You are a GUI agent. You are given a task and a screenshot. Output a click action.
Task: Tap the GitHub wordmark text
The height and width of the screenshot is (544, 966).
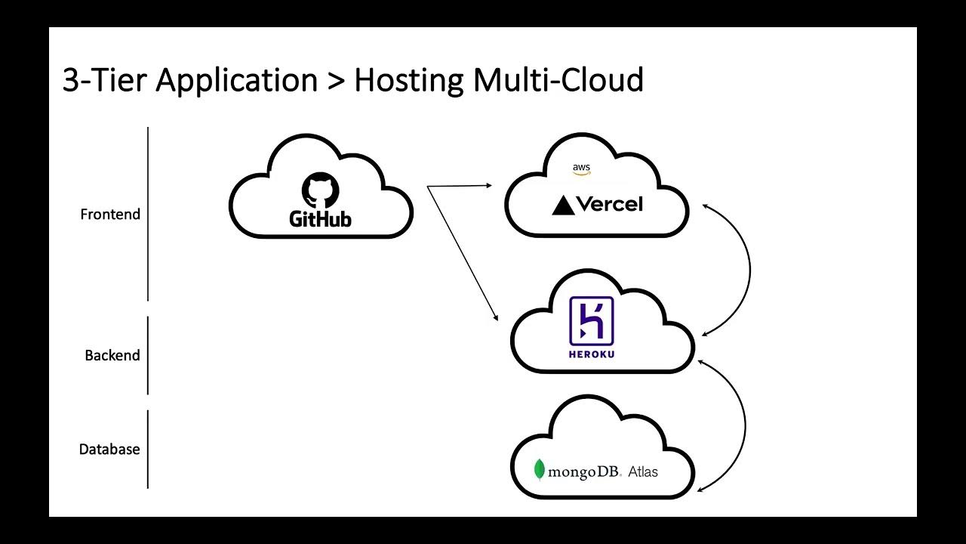[321, 219]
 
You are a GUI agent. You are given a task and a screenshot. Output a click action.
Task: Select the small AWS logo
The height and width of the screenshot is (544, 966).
[581, 169]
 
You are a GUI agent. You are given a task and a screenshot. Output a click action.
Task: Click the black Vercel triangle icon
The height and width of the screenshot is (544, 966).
[563, 205]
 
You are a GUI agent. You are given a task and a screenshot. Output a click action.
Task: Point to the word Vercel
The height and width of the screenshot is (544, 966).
[610, 204]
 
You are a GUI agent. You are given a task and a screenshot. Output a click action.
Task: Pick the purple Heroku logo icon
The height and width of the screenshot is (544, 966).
[591, 320]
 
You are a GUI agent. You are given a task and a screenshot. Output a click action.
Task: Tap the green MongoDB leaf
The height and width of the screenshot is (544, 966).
[539, 470]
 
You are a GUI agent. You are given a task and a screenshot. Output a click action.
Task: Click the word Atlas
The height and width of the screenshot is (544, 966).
[642, 472]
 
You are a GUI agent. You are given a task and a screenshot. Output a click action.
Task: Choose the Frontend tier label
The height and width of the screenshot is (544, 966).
[110, 215]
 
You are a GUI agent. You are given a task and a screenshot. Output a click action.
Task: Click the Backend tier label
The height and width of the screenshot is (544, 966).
[112, 355]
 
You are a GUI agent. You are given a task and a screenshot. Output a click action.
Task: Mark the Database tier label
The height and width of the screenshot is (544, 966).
[109, 450]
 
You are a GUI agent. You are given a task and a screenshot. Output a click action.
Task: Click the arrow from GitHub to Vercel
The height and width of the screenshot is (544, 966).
[459, 185]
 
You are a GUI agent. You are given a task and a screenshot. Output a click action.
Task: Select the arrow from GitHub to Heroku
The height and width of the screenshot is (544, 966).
[463, 253]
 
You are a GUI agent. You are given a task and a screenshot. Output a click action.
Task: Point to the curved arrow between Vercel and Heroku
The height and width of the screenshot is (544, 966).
[749, 268]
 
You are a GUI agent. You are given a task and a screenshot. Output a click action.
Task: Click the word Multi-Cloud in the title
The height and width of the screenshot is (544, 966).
[558, 80]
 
